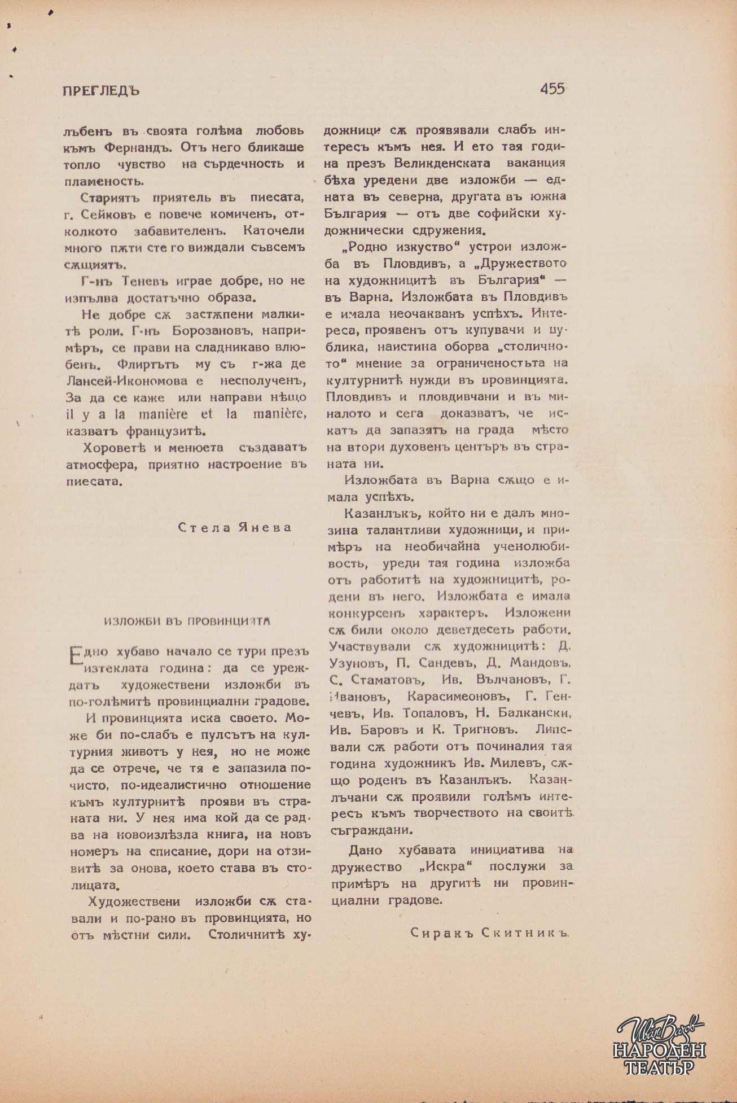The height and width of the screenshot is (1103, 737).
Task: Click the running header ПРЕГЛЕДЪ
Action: (101, 91)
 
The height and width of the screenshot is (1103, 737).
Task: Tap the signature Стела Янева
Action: (235, 527)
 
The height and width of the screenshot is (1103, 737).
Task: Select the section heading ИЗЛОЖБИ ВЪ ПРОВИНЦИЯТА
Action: (187, 620)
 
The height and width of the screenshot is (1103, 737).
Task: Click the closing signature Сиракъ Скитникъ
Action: (488, 933)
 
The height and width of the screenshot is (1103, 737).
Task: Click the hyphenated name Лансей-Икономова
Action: (130, 381)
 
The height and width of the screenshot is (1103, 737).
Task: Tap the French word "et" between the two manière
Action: (207, 414)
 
